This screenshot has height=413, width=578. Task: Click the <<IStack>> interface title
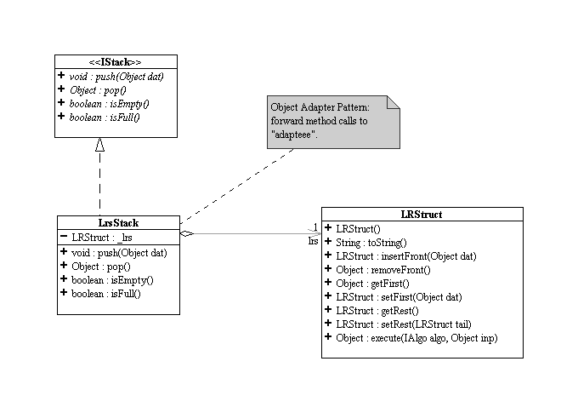[115, 62]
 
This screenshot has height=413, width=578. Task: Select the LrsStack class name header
[118, 223]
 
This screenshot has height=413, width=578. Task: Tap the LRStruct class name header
[422, 215]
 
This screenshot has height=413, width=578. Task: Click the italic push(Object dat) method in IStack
[116, 77]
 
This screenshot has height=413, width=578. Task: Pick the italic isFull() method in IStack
[105, 118]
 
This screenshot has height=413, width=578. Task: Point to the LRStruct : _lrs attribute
[102, 238]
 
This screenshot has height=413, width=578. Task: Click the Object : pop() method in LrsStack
[101, 267]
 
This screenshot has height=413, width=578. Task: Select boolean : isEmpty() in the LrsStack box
[112, 280]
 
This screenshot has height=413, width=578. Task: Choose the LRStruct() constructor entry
[358, 229]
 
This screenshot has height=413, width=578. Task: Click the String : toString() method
[371, 243]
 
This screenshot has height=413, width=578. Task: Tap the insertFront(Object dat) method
[405, 256]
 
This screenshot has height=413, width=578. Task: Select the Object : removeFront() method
[383, 270]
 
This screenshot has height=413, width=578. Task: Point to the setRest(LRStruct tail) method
[404, 324]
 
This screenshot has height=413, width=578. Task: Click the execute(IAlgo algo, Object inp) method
[416, 338]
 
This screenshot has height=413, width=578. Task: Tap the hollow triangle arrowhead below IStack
[99, 145]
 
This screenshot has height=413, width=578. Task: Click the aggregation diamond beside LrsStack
[187, 233]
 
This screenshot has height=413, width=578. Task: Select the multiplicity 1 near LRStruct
[315, 226]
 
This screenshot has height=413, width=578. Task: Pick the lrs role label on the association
[313, 241]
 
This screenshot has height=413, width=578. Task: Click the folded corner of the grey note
[394, 102]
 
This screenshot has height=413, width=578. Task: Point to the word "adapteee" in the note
[294, 135]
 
